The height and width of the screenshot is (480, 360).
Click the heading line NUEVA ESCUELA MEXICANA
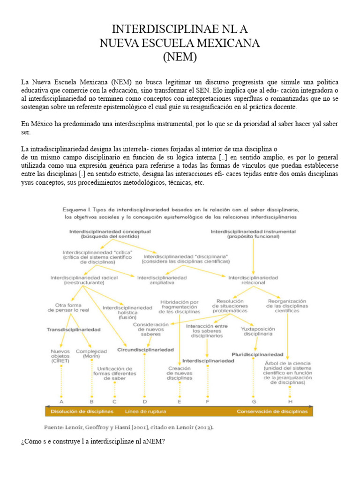pyautogui.click(x=180, y=44)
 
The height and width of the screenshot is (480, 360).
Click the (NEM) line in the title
pyautogui.click(x=180, y=57)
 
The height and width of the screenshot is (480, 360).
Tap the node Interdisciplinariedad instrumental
pyautogui.click(x=253, y=234)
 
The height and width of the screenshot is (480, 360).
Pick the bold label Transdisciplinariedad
pyautogui.click(x=73, y=330)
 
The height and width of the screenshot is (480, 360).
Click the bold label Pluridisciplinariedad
pyautogui.click(x=257, y=354)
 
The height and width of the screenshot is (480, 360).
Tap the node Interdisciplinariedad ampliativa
pyautogui.click(x=162, y=280)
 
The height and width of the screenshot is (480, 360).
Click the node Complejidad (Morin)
pyautogui.click(x=91, y=353)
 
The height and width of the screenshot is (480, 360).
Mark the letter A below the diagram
pyautogui.click(x=61, y=402)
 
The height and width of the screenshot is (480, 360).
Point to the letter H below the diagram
pyautogui.click(x=291, y=402)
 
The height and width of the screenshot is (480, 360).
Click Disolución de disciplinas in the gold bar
pyautogui.click(x=80, y=412)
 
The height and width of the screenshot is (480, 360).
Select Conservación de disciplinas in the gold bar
pyautogui.click(x=272, y=412)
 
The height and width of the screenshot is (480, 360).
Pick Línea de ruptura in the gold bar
pyautogui.click(x=143, y=412)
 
